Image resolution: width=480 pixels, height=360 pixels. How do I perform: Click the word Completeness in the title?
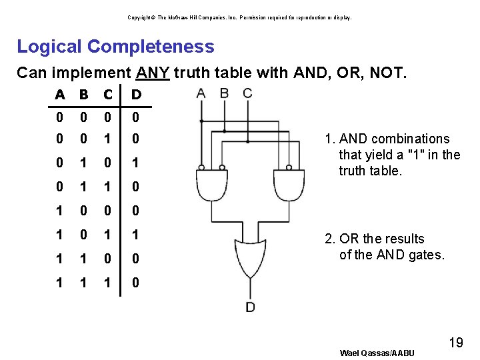(x=151, y=47)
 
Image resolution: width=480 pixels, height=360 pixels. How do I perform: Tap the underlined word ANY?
(x=153, y=72)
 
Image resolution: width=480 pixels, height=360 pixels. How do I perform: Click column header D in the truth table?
(x=136, y=95)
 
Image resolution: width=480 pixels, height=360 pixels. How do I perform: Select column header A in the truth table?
(x=60, y=95)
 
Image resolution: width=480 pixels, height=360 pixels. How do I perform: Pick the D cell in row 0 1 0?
(x=136, y=163)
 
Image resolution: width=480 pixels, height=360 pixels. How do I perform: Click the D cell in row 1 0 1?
(x=136, y=235)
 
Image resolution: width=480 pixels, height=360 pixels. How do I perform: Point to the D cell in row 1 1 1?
(x=136, y=283)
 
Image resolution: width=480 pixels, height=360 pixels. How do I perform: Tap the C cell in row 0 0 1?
(x=107, y=139)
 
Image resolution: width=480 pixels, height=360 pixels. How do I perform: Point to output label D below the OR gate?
(x=250, y=307)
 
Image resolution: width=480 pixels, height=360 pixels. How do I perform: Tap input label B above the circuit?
(x=224, y=93)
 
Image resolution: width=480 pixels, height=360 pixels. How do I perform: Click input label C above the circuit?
(x=247, y=93)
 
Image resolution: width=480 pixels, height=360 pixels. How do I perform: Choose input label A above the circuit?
(x=201, y=93)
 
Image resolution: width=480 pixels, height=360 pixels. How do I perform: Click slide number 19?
(x=456, y=343)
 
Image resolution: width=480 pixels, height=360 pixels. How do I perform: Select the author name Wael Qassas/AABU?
(x=377, y=353)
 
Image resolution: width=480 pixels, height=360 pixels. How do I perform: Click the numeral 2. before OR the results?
(x=329, y=239)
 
